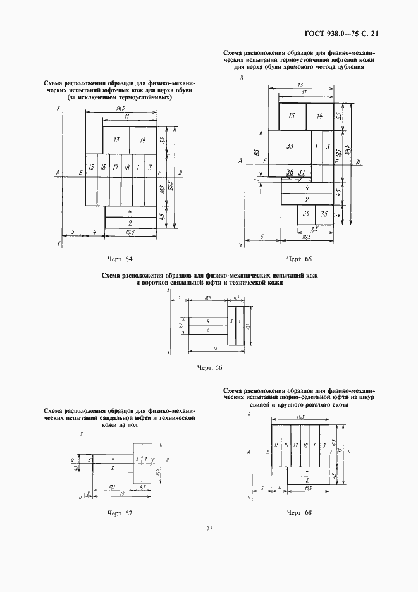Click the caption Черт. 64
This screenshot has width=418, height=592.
(120, 259)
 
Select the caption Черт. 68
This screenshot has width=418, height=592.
(299, 512)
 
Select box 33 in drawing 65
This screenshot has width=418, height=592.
(290, 146)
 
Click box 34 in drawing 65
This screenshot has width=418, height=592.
(306, 214)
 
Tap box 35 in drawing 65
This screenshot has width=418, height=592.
(324, 214)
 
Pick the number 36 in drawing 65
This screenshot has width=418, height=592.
(290, 172)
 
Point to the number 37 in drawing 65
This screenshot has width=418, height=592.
(302, 172)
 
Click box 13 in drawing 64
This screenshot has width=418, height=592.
(116, 140)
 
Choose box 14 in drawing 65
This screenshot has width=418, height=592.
(319, 116)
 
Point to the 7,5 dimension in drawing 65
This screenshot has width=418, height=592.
(314, 230)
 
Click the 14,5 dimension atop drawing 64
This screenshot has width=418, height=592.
(120, 109)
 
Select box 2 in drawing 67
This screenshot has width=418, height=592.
(113, 467)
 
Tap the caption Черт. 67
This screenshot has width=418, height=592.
(120, 512)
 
